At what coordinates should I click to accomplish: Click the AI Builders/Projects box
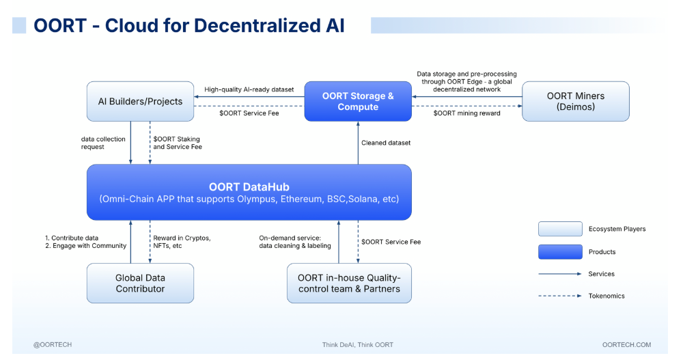click(x=140, y=101)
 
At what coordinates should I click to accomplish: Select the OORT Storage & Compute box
click(x=358, y=101)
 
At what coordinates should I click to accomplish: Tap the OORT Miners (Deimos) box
click(x=576, y=101)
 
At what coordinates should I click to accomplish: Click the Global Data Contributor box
click(x=140, y=283)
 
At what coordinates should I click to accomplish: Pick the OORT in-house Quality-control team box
click(x=349, y=283)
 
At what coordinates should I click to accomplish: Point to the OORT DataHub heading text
click(x=249, y=186)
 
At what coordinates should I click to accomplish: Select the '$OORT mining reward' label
click(x=467, y=113)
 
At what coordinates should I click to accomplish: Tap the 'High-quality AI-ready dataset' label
click(x=249, y=89)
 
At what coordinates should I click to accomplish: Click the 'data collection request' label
click(x=103, y=143)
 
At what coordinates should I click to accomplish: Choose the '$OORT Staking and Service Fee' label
click(x=177, y=143)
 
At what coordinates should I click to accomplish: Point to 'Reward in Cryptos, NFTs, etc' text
click(x=182, y=242)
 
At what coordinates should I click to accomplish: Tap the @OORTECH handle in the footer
click(x=53, y=345)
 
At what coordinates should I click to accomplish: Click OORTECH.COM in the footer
click(x=626, y=345)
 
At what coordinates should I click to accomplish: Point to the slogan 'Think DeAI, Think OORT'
click(x=357, y=345)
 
